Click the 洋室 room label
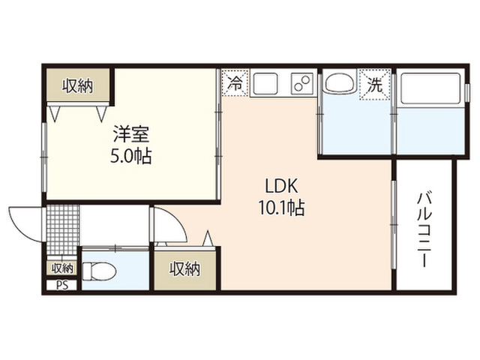(131, 134)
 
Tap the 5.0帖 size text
(131, 157)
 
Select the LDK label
(281, 186)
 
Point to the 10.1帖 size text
(281, 208)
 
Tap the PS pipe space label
(62, 286)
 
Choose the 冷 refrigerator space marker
(235, 83)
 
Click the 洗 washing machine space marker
(375, 85)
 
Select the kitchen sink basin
(265, 83)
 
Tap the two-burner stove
(302, 83)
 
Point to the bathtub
(430, 88)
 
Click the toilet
(99, 271)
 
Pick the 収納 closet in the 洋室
(78, 85)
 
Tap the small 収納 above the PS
(62, 268)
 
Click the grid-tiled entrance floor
(63, 229)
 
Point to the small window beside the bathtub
(466, 91)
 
